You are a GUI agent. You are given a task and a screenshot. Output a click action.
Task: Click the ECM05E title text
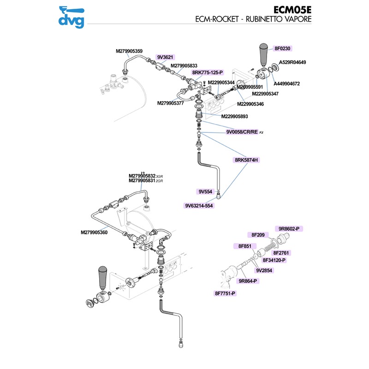click(292, 10)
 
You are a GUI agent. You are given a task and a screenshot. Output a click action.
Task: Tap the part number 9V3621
click(165, 57)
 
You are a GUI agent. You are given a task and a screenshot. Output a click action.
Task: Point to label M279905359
click(129, 51)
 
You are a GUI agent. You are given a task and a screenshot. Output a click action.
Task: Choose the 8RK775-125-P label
click(208, 72)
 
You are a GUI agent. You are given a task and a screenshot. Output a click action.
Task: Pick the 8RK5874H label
click(246, 160)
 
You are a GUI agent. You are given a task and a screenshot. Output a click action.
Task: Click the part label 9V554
click(205, 191)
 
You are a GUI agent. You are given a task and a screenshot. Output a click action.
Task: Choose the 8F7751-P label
click(225, 293)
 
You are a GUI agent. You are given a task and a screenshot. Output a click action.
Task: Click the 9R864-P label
click(248, 281)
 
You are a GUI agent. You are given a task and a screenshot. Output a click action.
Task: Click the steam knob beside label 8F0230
click(264, 54)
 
